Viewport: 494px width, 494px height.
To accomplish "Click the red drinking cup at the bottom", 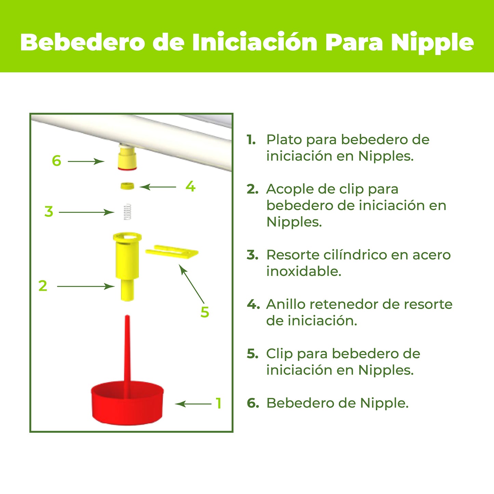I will tap(127, 403).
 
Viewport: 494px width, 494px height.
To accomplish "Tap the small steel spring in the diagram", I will tap(127, 212).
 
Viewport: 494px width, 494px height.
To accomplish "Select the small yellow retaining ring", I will tap(127, 186).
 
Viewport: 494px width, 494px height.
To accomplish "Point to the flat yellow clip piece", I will tap(172, 252).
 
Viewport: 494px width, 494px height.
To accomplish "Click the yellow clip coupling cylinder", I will tap(127, 263).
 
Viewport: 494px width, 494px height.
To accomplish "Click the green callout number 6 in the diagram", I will tap(56, 161).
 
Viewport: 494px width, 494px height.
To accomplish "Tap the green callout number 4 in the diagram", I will tap(190, 186).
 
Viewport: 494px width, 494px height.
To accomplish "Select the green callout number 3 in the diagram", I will tap(49, 212).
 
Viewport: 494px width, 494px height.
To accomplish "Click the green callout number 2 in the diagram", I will tap(43, 286).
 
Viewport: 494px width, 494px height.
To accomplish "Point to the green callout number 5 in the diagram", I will tap(204, 312).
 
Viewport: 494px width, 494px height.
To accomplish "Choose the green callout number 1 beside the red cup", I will tap(218, 403).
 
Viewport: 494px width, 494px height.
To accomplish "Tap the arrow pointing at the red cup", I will tap(193, 404).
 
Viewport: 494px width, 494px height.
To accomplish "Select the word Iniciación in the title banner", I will tap(255, 42).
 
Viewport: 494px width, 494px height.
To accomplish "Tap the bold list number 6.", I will tap(253, 403).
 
